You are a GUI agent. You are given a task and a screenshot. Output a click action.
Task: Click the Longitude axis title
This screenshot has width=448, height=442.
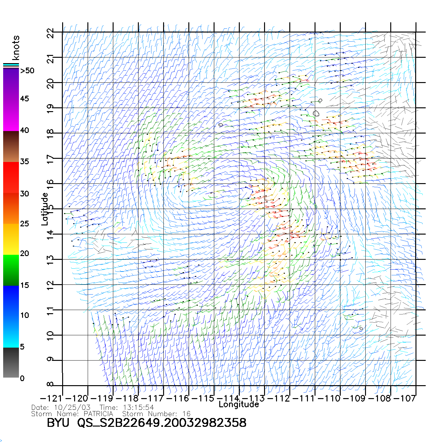(x=239, y=404)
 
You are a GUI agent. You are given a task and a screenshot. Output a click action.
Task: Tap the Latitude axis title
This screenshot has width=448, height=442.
(x=45, y=209)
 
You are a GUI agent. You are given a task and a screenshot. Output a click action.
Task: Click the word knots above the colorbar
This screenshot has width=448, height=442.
(x=15, y=48)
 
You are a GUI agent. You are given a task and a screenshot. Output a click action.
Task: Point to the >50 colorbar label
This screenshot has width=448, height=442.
(x=27, y=71)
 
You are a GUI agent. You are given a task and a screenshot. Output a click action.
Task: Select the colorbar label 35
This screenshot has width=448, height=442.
(x=25, y=162)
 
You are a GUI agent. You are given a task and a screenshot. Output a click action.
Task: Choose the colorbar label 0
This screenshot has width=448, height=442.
(x=22, y=378)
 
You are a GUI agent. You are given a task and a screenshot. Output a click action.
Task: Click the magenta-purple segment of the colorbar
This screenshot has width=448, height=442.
(x=11, y=99)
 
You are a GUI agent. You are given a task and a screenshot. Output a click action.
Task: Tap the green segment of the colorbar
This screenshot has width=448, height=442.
(x=11, y=270)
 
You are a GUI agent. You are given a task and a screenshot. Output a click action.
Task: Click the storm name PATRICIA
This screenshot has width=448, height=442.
(x=98, y=414)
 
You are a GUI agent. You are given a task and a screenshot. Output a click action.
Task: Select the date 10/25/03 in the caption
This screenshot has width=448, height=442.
(x=72, y=408)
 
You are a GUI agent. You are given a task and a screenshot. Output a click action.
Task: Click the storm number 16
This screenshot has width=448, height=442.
(x=186, y=414)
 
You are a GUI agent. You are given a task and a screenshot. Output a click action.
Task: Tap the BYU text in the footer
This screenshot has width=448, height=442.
(x=58, y=423)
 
